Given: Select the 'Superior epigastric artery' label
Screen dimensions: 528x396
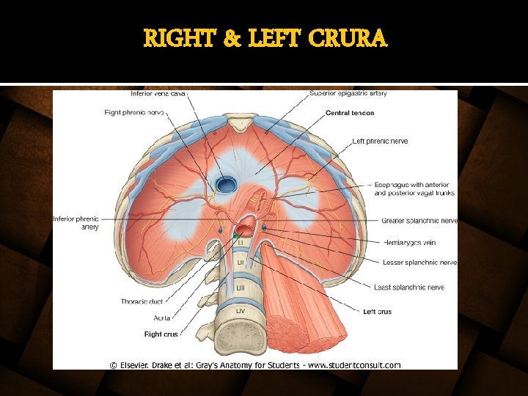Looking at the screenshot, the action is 348,94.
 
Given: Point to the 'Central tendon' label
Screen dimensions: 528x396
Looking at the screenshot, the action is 350,113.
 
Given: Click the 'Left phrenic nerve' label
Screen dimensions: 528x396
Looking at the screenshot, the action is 380,142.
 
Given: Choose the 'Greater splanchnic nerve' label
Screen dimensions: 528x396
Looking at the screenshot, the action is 419,221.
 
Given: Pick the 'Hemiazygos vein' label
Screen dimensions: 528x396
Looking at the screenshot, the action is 408,242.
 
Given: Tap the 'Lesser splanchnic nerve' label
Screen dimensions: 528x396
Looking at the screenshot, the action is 419,263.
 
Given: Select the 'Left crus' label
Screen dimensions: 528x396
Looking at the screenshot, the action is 377,312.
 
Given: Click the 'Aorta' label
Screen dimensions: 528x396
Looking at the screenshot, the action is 142,318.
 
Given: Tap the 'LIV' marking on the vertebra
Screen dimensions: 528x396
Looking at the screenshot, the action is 241,312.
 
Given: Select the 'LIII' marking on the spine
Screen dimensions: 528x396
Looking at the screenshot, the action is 241,288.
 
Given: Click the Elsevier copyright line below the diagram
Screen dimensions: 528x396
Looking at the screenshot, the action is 255,364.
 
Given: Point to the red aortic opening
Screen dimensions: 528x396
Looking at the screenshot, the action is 248,224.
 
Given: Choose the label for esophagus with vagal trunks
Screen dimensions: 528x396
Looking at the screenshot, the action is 414,189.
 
